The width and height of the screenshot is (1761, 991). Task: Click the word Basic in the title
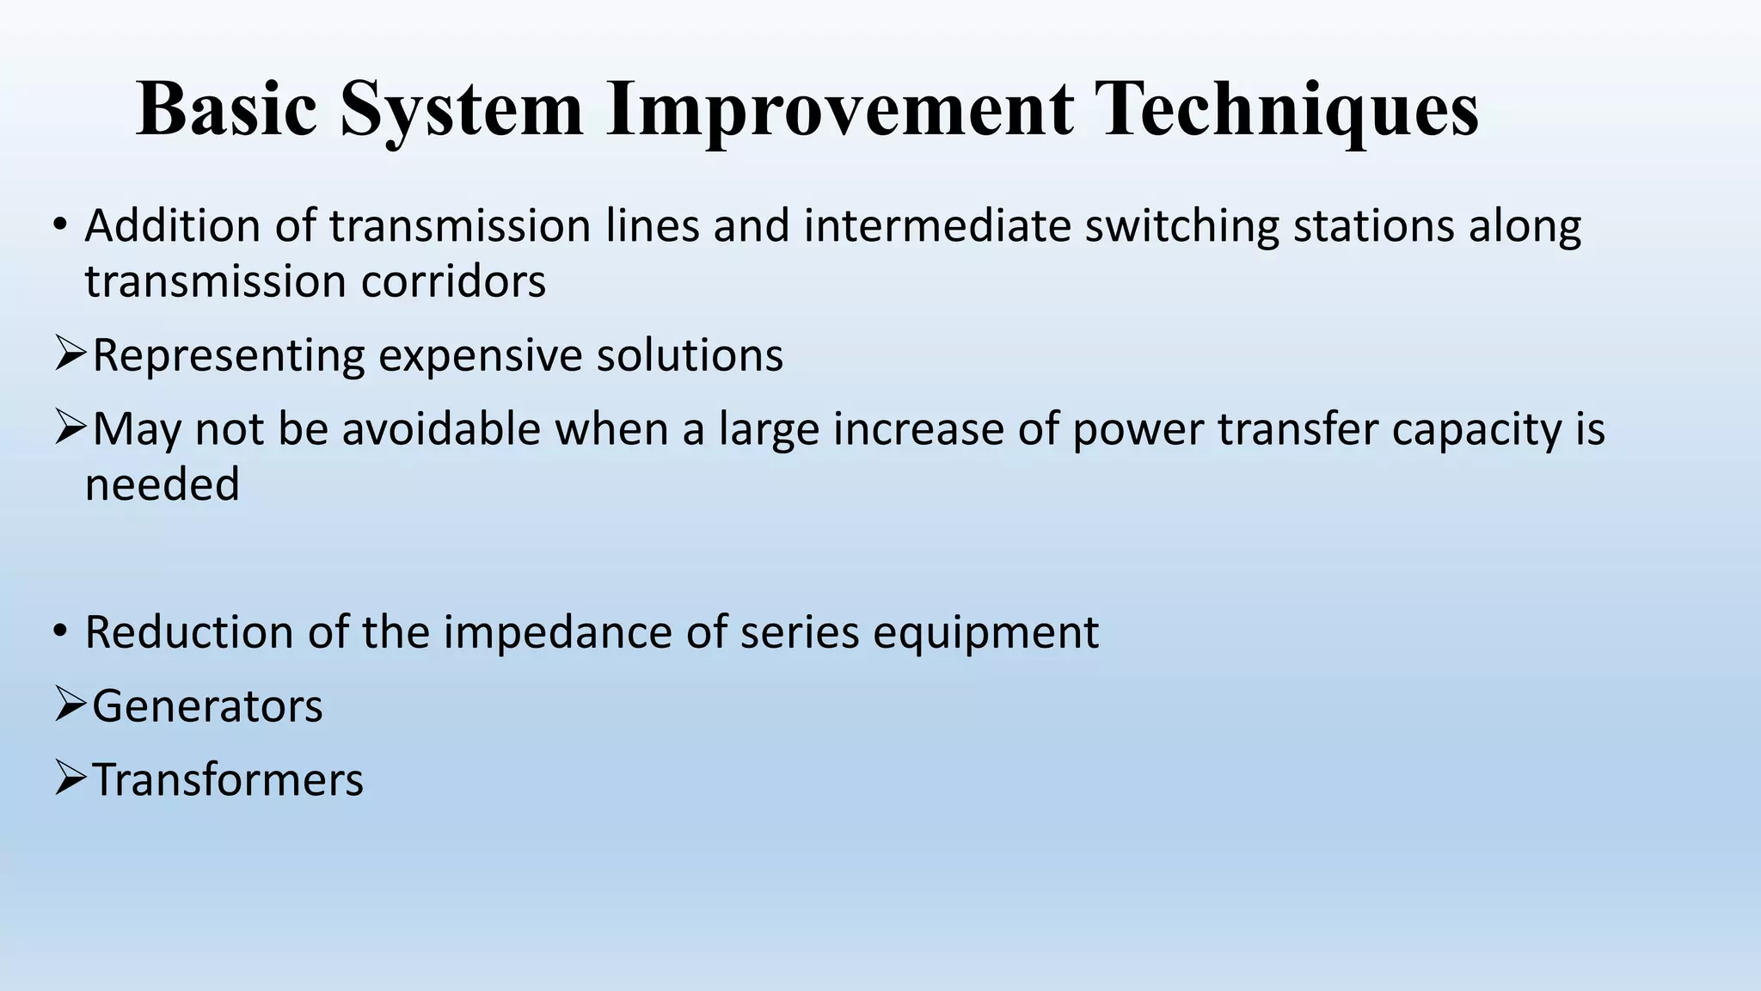point(226,108)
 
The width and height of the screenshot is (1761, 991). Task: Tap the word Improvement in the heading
point(839,110)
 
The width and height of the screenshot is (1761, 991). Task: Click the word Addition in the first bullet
point(172,226)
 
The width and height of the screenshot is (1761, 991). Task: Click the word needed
point(162,484)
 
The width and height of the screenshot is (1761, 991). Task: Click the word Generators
point(207,707)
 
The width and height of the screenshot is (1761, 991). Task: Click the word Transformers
point(228,780)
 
